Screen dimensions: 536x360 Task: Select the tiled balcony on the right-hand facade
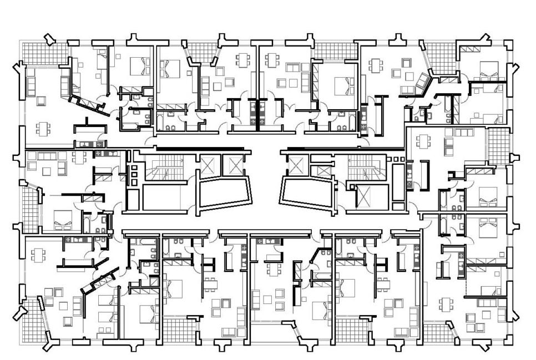pos(498,145)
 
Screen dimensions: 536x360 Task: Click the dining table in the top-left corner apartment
pos(43,129)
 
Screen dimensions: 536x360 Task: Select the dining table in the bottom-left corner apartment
pos(38,255)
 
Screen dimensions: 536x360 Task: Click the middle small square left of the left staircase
pos(134,174)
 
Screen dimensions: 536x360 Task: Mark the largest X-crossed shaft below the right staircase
pos(364,196)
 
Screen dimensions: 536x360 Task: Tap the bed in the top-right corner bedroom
pos(488,69)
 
